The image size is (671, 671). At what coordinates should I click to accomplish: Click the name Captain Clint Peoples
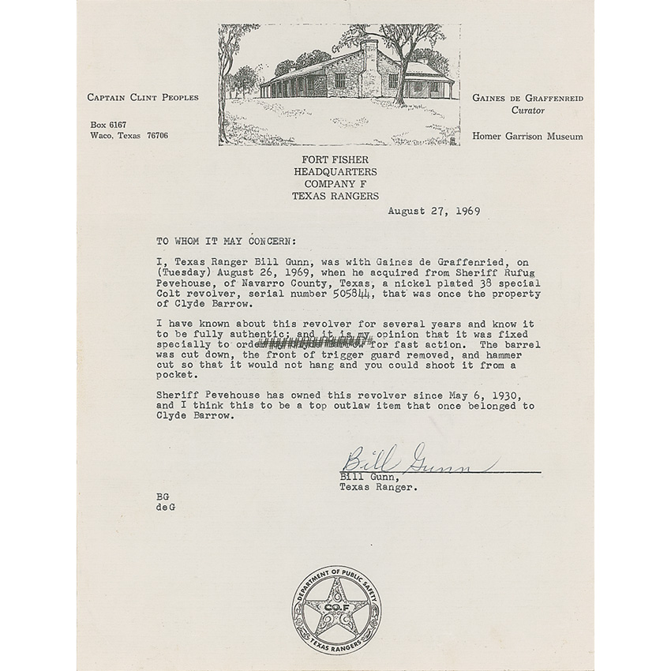[x=143, y=97]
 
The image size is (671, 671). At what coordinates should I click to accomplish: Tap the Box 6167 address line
[x=108, y=124]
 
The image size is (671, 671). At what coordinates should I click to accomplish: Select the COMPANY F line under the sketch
[x=335, y=184]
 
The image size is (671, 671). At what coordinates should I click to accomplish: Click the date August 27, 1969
[x=434, y=211]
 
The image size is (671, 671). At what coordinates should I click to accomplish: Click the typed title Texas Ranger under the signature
[x=379, y=486]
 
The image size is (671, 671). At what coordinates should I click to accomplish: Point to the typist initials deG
[x=166, y=507]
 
